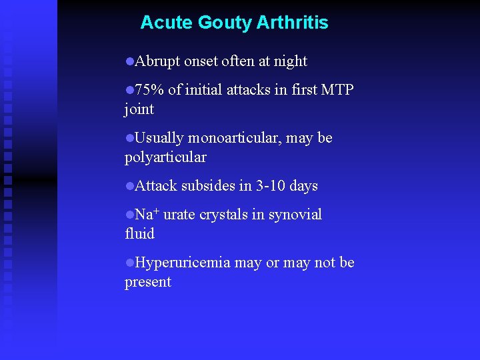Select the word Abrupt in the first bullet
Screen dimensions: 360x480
tap(157, 62)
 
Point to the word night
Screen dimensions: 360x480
tap(290, 62)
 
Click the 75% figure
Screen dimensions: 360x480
tap(149, 90)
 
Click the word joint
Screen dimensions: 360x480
tap(139, 109)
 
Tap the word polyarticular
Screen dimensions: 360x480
tap(165, 157)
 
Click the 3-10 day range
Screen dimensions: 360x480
tap(272, 186)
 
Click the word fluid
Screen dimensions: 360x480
tap(139, 234)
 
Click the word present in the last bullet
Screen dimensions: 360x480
tap(147, 282)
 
